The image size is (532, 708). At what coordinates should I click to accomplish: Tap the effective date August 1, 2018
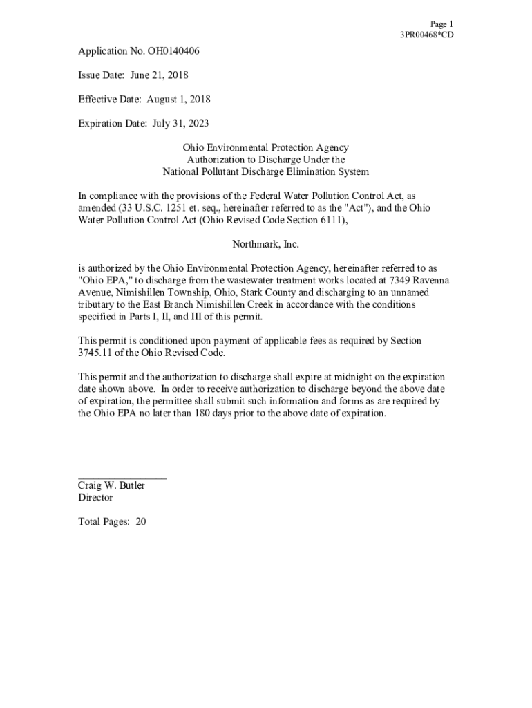coord(178,99)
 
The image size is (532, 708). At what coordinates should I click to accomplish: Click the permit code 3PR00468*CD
coord(427,35)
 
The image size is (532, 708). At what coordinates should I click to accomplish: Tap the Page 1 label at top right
coord(441,24)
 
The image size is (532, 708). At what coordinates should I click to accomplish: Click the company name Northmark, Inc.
coord(265,245)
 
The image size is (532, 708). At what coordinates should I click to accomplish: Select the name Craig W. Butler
coord(111,486)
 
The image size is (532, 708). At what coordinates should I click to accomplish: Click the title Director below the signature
coord(95,498)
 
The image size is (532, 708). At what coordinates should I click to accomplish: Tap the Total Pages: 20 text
coord(112,522)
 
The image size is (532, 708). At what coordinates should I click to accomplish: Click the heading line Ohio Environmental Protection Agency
coord(265,148)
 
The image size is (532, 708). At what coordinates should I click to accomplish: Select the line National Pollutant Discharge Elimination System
coord(265,171)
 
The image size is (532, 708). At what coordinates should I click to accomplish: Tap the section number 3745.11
coord(95,353)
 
